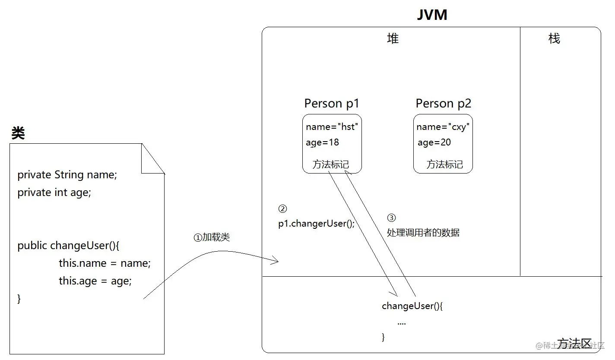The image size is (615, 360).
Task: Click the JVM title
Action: pos(432,15)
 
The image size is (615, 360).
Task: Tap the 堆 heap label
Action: pos(393,38)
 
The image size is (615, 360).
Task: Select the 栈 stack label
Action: pos(554,38)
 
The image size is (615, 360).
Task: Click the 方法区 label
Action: pos(574,344)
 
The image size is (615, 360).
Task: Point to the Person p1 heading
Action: pos(332,104)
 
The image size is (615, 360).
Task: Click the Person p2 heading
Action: pos(444,104)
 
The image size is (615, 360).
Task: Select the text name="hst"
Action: pos(332,127)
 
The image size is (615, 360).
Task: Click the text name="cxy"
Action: pos(443,127)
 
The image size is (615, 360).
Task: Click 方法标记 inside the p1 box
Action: pos(330,164)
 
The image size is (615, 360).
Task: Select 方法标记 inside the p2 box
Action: pos(444,164)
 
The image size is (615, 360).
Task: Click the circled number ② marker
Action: pos(282,209)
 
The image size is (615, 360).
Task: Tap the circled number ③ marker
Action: pos(391,218)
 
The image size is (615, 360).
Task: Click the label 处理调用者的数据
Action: pos(423,233)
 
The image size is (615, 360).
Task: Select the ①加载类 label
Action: pos(212,237)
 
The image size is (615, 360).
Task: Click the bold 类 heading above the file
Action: pos(18,133)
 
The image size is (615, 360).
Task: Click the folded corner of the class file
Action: pos(153,158)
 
